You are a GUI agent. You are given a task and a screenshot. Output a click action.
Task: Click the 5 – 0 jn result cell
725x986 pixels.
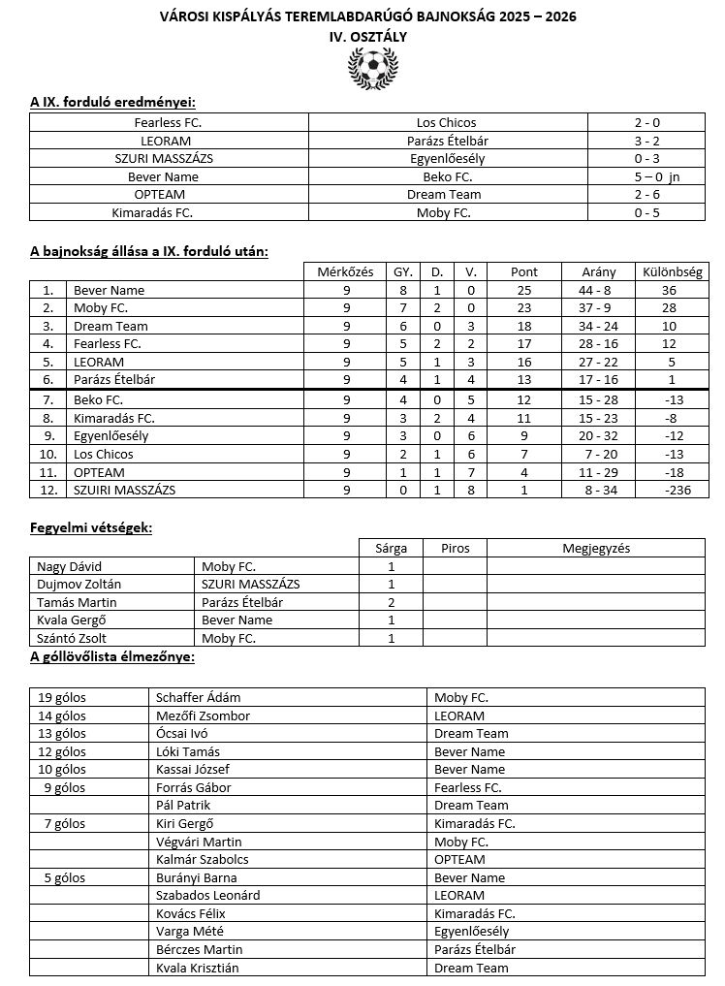pos(649,176)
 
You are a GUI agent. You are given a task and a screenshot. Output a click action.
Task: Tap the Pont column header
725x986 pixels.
pos(524,271)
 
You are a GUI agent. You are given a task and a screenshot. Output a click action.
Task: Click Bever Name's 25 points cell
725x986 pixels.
pos(524,290)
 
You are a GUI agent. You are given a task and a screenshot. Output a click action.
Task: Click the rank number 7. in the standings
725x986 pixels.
pos(47,399)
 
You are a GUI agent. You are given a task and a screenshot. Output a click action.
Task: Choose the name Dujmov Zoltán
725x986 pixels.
pos(75,585)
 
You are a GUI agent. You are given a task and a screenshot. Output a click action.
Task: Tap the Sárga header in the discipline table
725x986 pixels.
pos(391,548)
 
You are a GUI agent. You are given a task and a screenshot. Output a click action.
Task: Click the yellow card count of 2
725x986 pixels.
pos(391,602)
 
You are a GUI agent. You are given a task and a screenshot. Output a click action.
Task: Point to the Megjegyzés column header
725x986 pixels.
pos(596,548)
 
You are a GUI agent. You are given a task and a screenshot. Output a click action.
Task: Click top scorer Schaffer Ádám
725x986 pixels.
pos(199,697)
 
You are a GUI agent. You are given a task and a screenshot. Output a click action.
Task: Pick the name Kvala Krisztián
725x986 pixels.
pos(197,968)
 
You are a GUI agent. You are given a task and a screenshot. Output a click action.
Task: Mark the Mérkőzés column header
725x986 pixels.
pos(345,271)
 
